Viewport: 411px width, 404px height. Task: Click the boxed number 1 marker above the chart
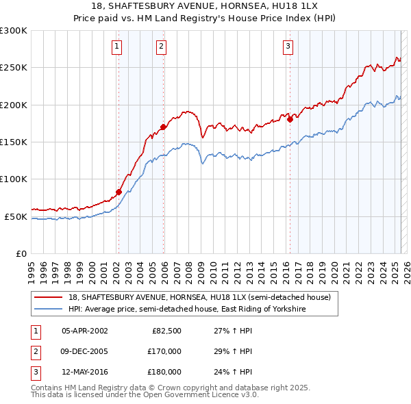117,47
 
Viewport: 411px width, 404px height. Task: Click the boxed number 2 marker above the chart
161,47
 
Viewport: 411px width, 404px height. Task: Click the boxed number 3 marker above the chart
287,47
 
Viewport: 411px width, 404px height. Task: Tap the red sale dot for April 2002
119,192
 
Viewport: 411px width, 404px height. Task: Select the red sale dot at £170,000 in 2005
163,127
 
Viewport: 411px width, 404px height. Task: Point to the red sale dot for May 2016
290,119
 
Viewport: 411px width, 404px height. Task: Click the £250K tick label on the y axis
14,68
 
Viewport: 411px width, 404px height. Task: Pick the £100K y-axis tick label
14,179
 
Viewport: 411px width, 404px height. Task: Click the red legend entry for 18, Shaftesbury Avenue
199,297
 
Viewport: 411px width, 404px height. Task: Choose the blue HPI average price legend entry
186,310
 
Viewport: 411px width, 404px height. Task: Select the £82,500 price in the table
166,331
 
